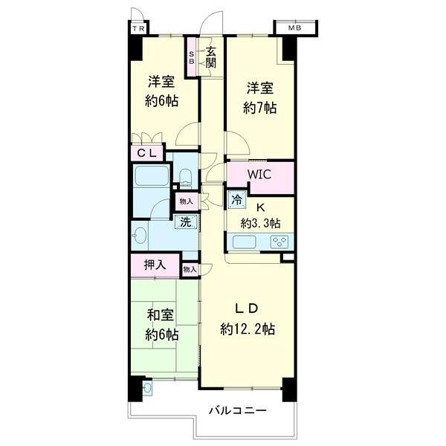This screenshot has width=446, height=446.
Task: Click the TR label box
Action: (x=138, y=29)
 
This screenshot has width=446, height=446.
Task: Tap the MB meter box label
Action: (x=295, y=29)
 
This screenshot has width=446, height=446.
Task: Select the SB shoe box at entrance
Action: (x=192, y=58)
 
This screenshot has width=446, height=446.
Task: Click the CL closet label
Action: (x=146, y=152)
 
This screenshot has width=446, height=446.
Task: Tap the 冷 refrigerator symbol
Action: (x=236, y=200)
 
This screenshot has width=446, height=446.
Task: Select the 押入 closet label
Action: (x=154, y=264)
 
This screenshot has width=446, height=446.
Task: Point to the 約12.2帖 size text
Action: (x=248, y=329)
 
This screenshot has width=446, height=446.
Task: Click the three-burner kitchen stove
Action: (x=278, y=241)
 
